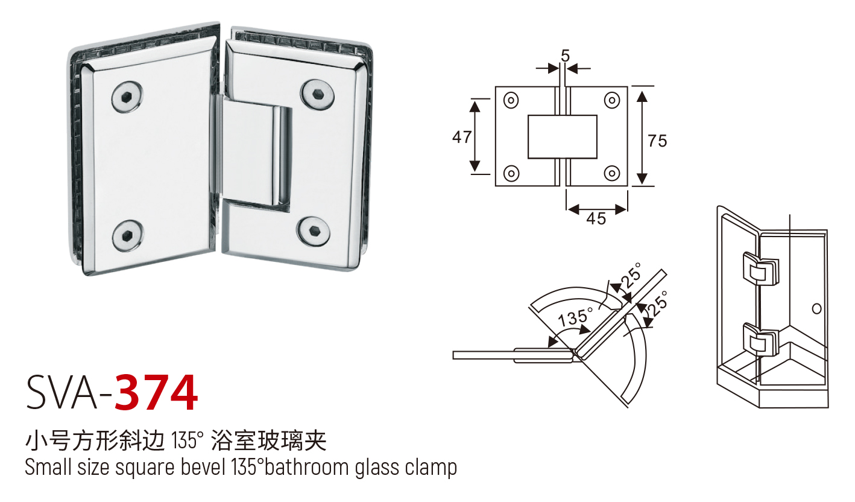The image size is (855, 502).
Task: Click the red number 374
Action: click(x=156, y=393)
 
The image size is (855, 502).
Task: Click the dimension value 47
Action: click(x=462, y=137)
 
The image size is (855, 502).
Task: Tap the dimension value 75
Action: click(x=657, y=141)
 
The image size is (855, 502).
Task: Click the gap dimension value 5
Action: click(x=565, y=56)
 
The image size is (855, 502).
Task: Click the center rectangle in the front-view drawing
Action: click(x=562, y=137)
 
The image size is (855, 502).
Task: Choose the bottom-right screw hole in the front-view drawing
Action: click(x=612, y=173)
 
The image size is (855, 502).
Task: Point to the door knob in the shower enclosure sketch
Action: click(x=817, y=308)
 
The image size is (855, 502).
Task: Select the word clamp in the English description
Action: click(x=430, y=468)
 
